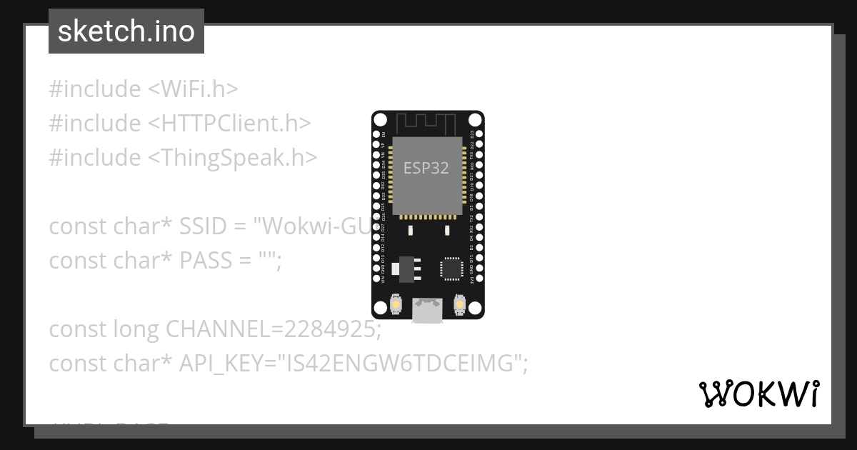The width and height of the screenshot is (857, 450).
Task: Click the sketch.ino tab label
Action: [x=126, y=31]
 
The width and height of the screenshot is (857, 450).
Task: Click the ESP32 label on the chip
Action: [x=426, y=168]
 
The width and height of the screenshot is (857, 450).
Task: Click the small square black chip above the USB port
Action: [x=451, y=268]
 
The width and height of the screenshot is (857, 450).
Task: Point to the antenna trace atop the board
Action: [x=426, y=122]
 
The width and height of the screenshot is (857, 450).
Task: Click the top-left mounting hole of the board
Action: [x=380, y=119]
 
